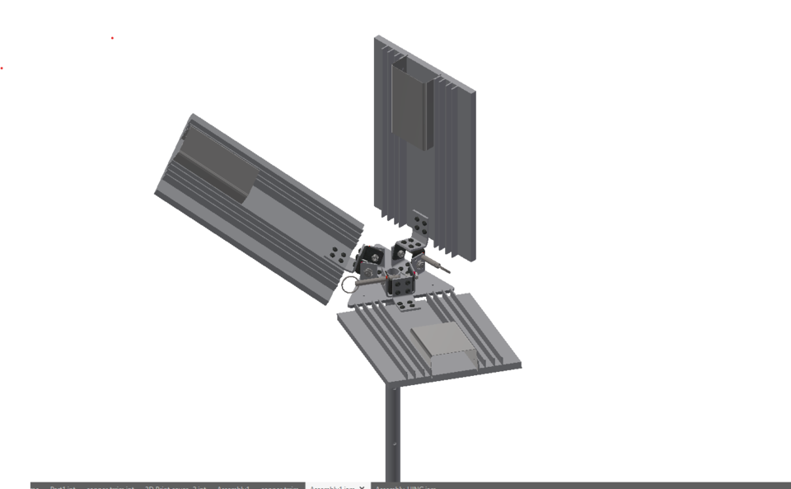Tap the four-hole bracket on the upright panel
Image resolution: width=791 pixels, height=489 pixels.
tap(421, 224)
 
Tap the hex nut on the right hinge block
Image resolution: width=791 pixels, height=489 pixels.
tap(420, 262)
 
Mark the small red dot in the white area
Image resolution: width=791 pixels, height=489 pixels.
tap(112, 37)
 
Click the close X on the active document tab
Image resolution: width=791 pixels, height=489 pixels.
tap(363, 487)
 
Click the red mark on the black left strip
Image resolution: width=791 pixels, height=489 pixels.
tap(2, 68)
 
